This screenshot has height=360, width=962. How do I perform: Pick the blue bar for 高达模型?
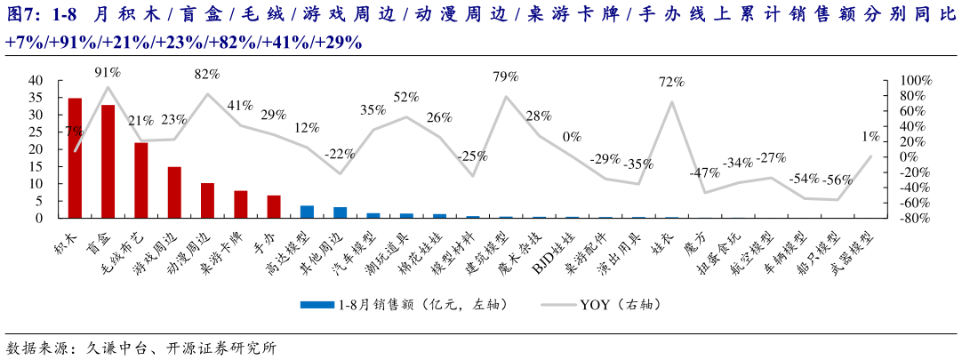coord(307,212)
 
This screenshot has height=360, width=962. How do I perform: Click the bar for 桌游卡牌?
coord(241,204)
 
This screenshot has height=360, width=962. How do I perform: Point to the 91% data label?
coord(108,72)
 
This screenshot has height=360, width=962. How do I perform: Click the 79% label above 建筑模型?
coord(506,77)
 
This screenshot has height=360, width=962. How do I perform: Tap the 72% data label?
coord(671,82)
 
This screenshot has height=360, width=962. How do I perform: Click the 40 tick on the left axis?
coord(36,80)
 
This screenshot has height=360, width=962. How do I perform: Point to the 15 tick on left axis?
coord(36,166)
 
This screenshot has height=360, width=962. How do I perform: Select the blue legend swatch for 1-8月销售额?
coord(316,304)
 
